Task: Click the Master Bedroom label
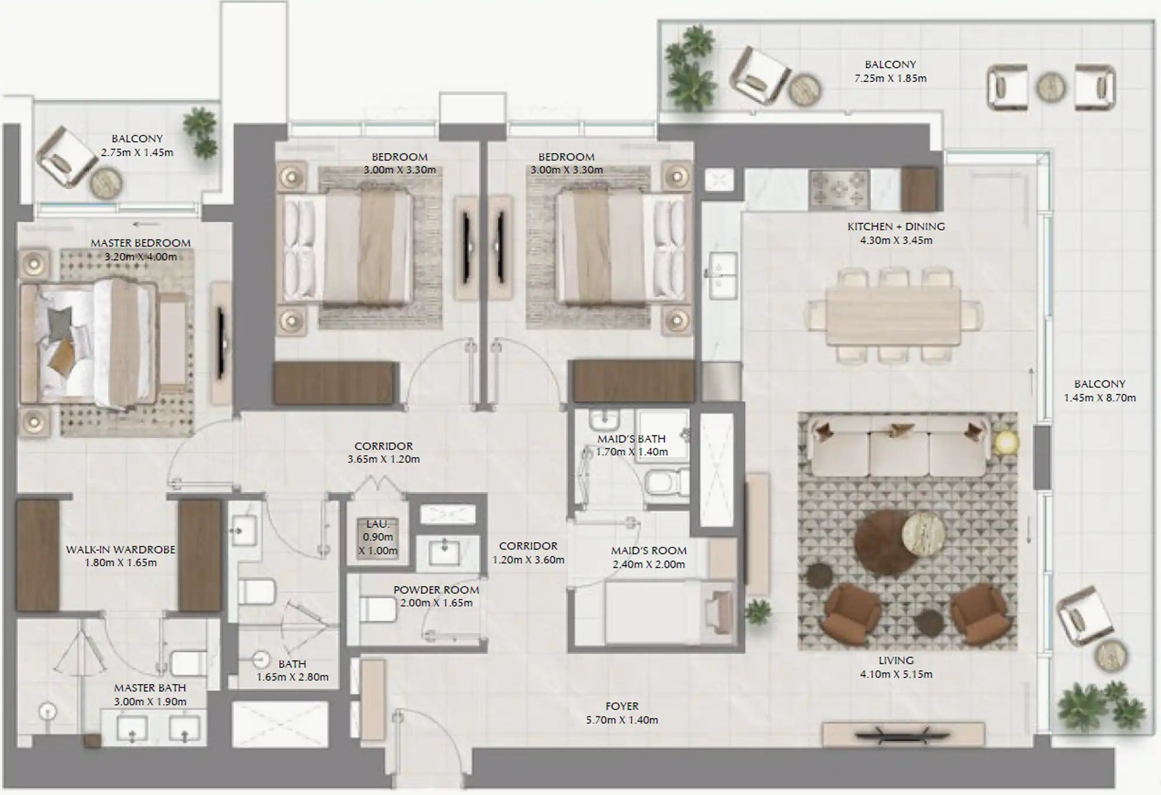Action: (x=140, y=243)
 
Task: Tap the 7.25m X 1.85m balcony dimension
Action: (x=890, y=78)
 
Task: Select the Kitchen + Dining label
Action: (x=896, y=226)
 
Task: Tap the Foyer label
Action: (x=622, y=706)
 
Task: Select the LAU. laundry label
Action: (x=378, y=525)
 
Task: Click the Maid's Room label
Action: (x=649, y=550)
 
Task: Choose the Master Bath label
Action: (x=150, y=688)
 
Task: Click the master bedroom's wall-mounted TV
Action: (x=221, y=343)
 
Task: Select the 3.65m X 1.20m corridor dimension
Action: (x=384, y=459)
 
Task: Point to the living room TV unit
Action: (x=903, y=735)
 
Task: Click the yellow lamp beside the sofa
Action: (x=1007, y=443)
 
